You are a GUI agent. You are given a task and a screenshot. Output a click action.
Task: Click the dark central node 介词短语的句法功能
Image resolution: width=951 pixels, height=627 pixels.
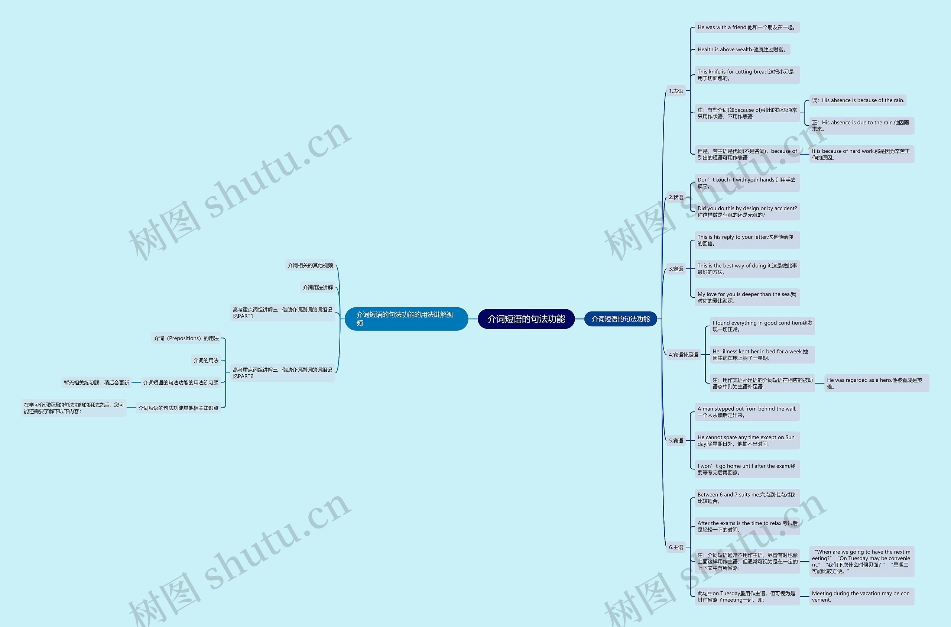(526, 319)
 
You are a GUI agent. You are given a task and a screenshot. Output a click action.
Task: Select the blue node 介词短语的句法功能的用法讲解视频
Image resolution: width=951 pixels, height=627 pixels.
(406, 319)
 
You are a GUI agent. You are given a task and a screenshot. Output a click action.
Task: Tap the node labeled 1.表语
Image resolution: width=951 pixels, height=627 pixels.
(676, 91)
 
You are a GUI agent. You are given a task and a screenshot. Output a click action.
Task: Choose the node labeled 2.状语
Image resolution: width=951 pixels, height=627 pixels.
(676, 197)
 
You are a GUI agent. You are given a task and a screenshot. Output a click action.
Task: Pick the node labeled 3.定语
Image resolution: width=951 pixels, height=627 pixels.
(676, 269)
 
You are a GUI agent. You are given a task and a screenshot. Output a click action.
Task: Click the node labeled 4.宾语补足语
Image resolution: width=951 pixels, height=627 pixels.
(683, 355)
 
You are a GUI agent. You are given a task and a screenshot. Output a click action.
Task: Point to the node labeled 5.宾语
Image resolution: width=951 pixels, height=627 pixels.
(676, 441)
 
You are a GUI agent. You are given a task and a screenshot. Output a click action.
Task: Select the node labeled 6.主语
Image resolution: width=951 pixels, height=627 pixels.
(676, 547)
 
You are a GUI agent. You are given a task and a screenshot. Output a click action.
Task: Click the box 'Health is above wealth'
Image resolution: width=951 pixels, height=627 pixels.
(742, 49)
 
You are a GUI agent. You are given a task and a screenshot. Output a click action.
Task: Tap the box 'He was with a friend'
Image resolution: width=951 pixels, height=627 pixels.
(747, 27)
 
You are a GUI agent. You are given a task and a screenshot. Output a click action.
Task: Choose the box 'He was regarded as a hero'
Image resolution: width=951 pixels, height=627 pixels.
(876, 383)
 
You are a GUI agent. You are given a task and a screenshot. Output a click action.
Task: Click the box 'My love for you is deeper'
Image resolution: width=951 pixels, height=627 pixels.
(747, 297)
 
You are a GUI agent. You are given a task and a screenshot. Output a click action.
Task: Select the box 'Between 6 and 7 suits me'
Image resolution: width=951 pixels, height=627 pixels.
(747, 497)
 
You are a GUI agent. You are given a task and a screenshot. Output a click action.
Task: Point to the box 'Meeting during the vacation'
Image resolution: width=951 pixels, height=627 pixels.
(861, 596)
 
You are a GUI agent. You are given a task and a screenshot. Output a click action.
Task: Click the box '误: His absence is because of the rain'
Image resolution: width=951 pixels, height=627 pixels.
(857, 100)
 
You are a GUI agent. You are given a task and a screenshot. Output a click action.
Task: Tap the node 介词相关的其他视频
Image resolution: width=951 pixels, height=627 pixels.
(310, 265)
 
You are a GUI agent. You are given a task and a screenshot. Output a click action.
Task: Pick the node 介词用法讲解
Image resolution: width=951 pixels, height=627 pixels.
(318, 288)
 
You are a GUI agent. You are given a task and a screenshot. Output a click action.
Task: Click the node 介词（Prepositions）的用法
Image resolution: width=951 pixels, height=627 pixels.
(186, 338)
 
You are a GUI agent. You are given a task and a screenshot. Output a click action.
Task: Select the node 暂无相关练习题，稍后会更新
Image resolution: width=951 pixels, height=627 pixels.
(96, 383)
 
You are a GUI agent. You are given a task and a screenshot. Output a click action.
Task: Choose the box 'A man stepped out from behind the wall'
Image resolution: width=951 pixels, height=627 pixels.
(747, 412)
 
